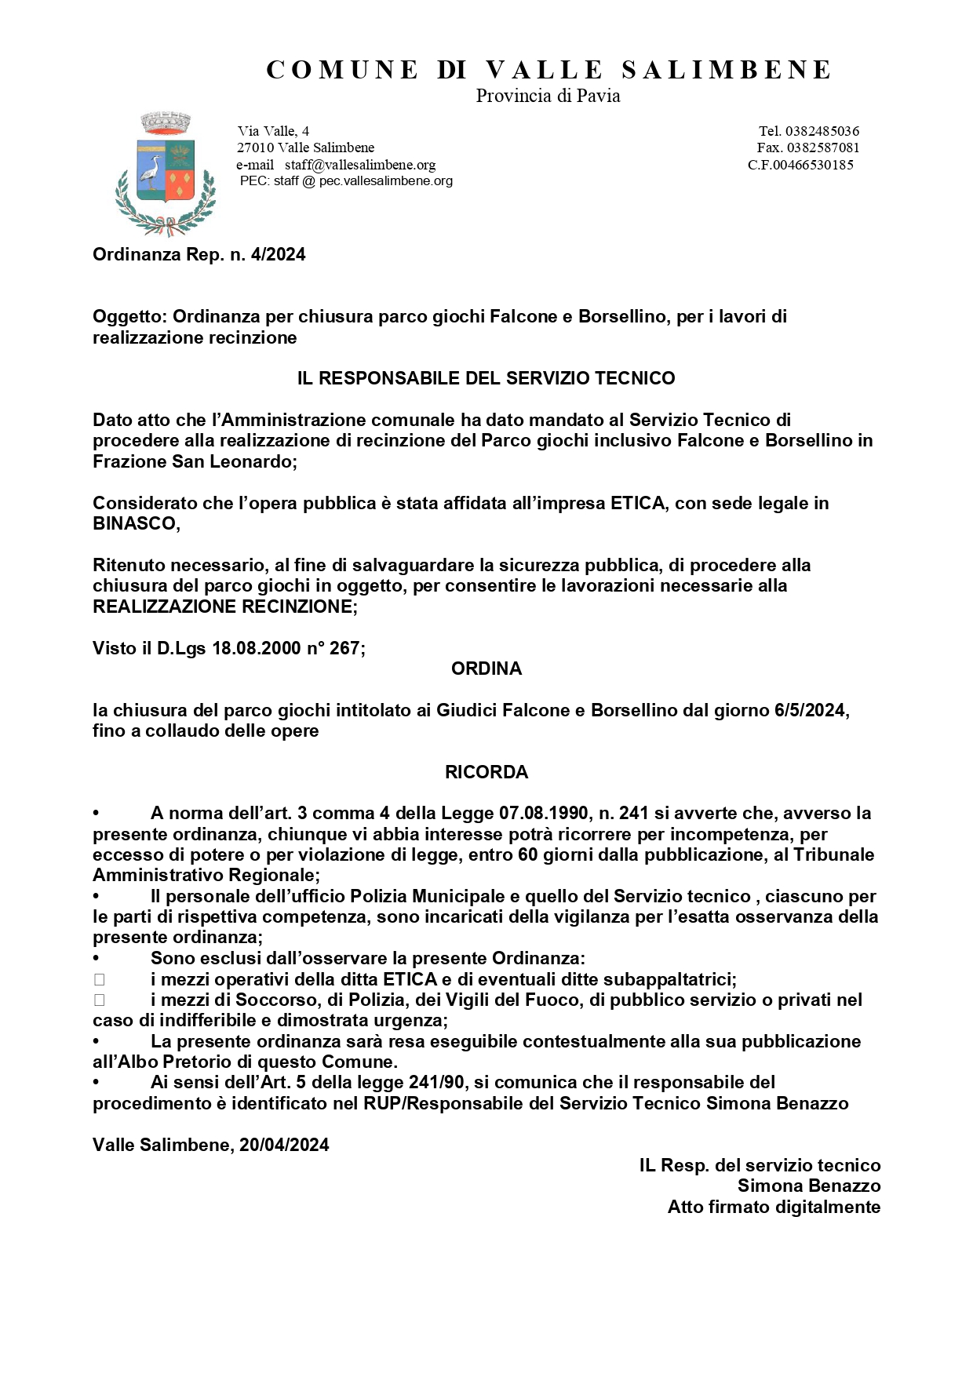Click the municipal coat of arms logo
[x=166, y=173]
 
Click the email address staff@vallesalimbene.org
[x=360, y=165]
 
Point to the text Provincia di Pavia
[x=548, y=97]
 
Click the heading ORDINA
[x=486, y=668]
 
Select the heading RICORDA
[x=486, y=772]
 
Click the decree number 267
[x=344, y=648]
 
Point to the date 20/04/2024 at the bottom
[x=284, y=1145]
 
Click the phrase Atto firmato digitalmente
[x=774, y=1207]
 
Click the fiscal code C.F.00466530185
[x=800, y=165]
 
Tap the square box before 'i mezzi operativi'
[x=99, y=979]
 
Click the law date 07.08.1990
[x=544, y=814]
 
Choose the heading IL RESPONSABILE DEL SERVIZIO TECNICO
[x=486, y=378]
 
